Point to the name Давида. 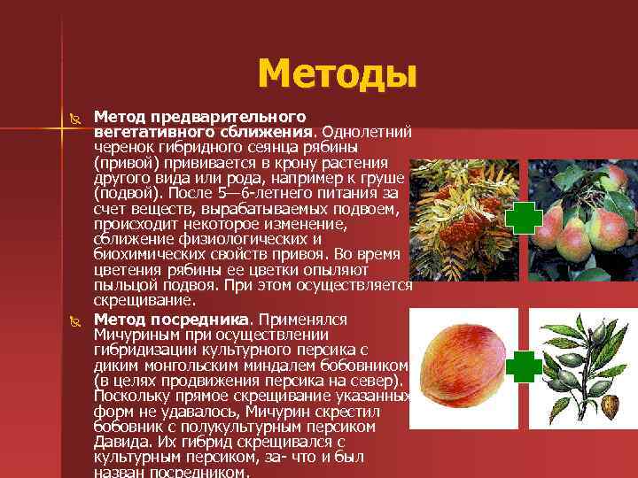tap(119, 443)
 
